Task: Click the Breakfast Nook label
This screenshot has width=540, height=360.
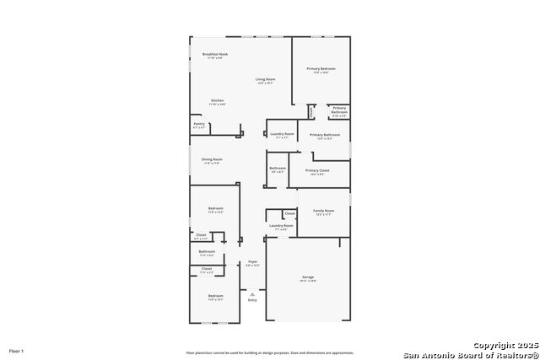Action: (214, 54)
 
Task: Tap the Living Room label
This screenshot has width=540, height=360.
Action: (266, 79)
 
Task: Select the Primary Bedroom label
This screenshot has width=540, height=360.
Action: (321, 68)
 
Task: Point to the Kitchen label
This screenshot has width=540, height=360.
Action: (217, 100)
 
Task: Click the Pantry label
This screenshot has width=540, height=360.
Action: (199, 124)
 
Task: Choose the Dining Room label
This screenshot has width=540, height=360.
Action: (212, 159)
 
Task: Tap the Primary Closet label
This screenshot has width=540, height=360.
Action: (317, 170)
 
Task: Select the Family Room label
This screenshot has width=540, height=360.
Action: (324, 211)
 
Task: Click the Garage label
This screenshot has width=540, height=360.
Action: (308, 277)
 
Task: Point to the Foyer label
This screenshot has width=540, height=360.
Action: (252, 262)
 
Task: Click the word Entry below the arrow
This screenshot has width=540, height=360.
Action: (252, 300)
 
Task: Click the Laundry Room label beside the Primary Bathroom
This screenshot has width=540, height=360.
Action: (281, 134)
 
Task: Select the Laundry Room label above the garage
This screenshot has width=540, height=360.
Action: (281, 225)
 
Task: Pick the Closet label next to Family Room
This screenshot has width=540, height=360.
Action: (289, 213)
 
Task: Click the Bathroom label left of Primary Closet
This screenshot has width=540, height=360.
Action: (278, 168)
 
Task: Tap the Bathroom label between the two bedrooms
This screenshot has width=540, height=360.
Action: (207, 251)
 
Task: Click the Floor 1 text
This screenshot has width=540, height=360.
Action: (17, 350)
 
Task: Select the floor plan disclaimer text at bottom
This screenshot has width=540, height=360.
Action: (270, 352)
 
